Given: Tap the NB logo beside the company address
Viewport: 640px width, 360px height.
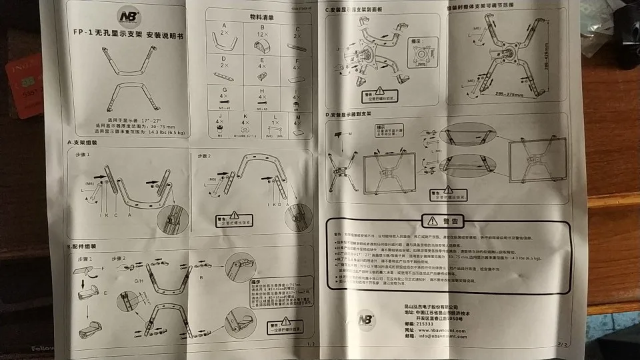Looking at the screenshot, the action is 367,318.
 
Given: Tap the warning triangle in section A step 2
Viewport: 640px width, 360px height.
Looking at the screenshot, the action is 234,217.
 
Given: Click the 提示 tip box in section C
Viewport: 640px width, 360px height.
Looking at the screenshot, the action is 421,53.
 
